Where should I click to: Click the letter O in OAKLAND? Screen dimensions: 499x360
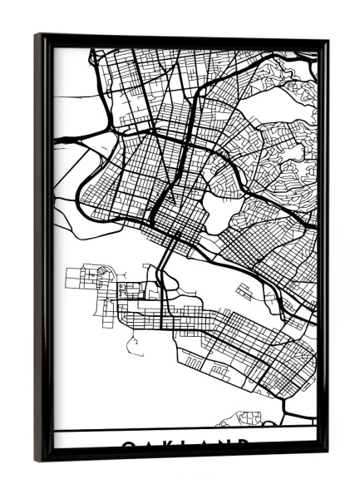(x=129, y=446)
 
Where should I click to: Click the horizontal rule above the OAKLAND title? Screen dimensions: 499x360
(x=185, y=430)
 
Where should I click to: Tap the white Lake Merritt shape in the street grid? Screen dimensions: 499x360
(x=215, y=211)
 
